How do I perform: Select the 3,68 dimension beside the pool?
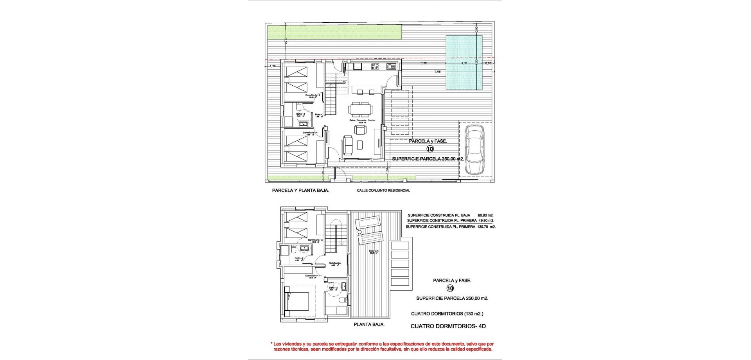click(x=424, y=63)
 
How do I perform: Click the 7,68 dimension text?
click(x=438, y=72)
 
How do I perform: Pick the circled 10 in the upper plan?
click(x=430, y=149)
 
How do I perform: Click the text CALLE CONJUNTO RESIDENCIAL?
click(x=383, y=191)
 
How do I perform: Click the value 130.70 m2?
click(x=486, y=227)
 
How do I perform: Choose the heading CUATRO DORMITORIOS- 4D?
click(x=448, y=326)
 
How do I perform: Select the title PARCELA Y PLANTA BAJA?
click(x=300, y=191)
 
